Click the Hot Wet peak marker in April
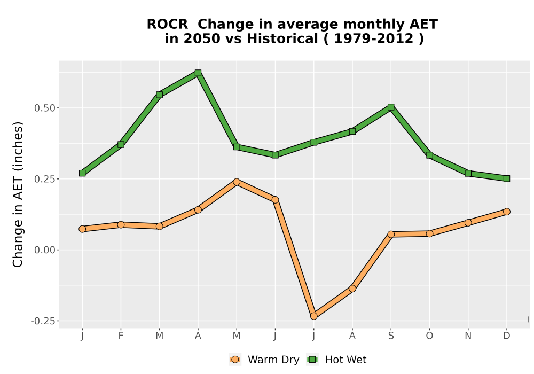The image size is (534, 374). (x=198, y=73)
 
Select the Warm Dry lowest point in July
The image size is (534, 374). (x=313, y=316)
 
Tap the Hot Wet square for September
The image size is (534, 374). (x=391, y=107)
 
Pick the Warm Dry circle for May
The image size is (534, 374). (x=237, y=182)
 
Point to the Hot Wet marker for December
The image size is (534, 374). (x=507, y=178)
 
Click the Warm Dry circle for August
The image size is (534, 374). (x=352, y=289)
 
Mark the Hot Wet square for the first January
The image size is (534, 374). (x=82, y=173)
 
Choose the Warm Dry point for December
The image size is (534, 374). (x=507, y=212)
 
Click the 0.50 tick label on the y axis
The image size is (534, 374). (x=45, y=108)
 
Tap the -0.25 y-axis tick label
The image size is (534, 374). (x=43, y=321)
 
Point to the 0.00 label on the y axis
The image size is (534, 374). (x=45, y=250)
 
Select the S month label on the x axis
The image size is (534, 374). (x=391, y=336)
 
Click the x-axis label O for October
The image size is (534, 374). (x=429, y=336)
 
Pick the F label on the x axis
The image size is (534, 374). (x=121, y=336)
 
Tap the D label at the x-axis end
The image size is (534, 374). (x=507, y=336)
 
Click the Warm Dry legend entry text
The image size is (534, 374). (x=273, y=360)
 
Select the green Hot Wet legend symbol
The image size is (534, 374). (x=312, y=360)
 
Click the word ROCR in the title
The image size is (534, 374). (x=167, y=24)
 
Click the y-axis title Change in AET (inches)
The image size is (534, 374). (x=18, y=194)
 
